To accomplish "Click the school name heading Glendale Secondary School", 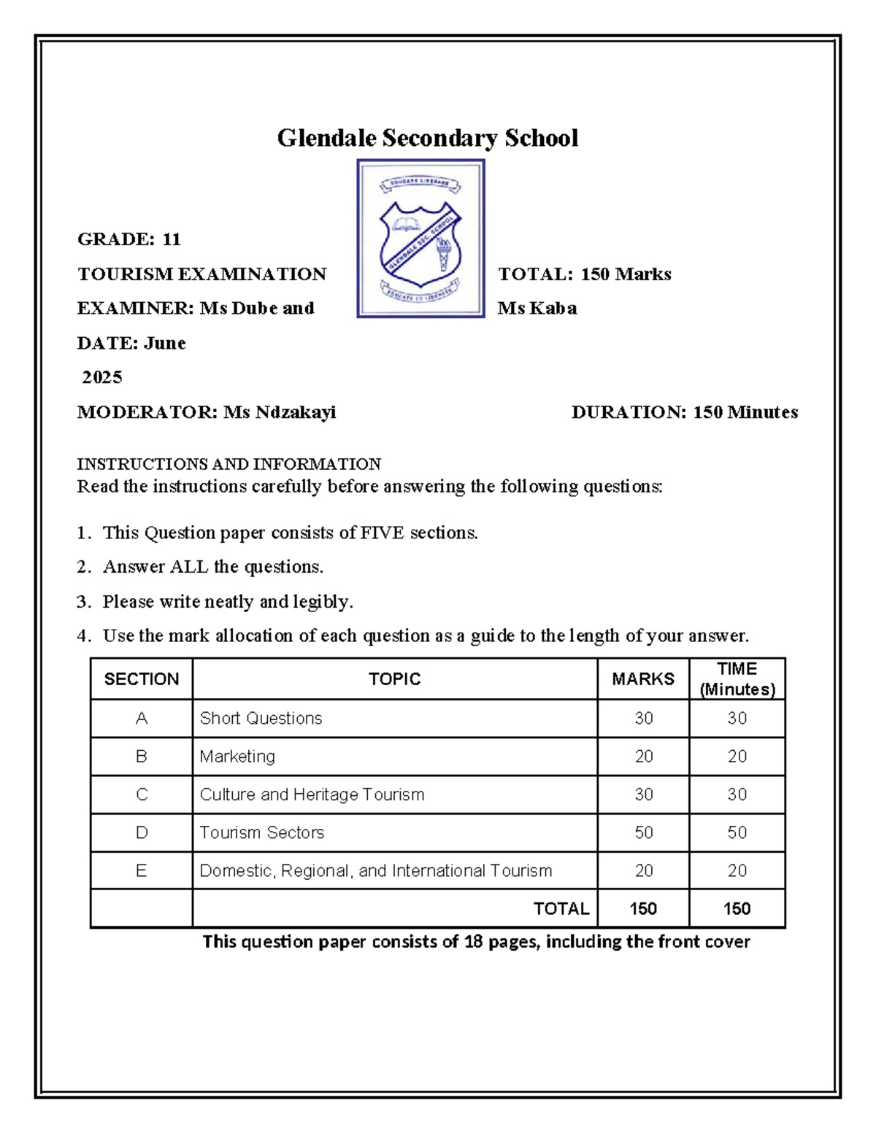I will point(427,138).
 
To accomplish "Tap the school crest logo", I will point(420,239).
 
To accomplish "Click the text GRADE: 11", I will point(129,239).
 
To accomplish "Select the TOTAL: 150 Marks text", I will point(584,274).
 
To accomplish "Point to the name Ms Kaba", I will point(537,309).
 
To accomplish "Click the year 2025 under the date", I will point(102,377).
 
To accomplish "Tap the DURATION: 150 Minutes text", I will point(684,412).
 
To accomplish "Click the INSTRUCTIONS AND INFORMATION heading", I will point(228,464).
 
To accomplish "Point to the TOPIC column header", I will point(394,679).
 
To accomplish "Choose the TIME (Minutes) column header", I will point(737,679).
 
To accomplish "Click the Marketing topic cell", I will point(237,757).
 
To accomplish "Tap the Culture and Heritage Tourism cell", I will point(312,794).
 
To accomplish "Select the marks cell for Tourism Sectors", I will point(643,832).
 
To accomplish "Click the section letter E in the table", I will point(142,870).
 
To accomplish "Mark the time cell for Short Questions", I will point(737,719).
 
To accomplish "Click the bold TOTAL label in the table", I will point(561,908).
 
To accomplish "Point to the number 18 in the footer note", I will point(473,942).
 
